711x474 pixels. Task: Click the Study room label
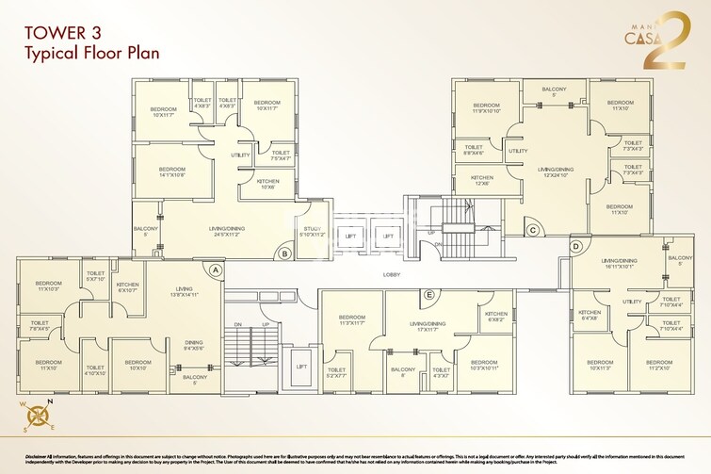click(311, 231)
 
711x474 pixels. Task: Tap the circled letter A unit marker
click(216, 269)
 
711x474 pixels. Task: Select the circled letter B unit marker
click(284, 253)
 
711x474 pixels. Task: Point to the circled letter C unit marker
click(532, 229)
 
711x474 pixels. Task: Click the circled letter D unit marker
click(575, 247)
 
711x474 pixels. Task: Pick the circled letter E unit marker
click(428, 294)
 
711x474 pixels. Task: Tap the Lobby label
click(393, 274)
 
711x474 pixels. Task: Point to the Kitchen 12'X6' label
click(482, 180)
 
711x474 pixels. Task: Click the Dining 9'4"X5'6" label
click(193, 346)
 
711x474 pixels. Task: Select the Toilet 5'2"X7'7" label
click(337, 373)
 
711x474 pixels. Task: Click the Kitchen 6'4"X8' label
click(590, 316)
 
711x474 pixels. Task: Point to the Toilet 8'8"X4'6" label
click(474, 149)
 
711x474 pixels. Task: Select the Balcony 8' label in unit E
click(403, 371)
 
